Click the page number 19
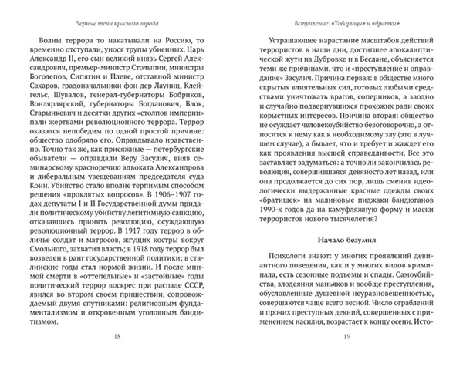click(347, 337)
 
